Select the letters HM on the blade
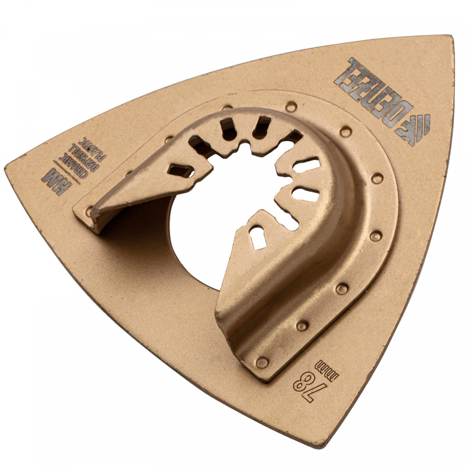(56, 182)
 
